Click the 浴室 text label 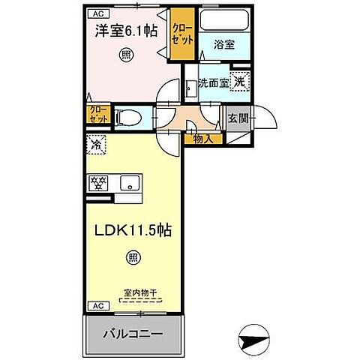coord(223,45)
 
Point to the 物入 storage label coord(203,137)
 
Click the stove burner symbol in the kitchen coord(99,181)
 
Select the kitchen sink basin coord(130,181)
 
